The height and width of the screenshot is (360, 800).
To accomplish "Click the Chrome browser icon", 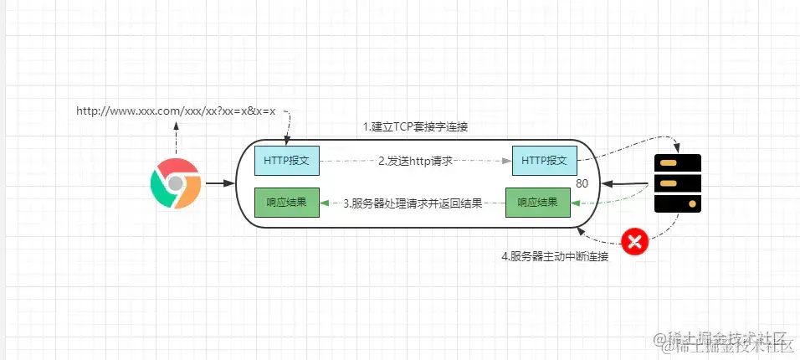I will tap(175, 182).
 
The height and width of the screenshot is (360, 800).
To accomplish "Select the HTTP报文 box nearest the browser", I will tap(286, 159).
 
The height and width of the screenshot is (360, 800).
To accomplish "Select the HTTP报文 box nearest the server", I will tap(544, 159).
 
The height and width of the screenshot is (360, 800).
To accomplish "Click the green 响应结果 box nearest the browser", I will tap(286, 202).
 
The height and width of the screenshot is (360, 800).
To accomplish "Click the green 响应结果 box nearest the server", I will tap(537, 202).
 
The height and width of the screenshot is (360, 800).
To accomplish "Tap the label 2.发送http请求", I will tap(415, 160).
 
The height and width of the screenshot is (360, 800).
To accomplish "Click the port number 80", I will tap(583, 183).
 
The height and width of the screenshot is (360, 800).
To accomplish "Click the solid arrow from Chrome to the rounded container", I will tap(219, 182).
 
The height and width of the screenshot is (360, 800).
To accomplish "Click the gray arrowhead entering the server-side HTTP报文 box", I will tap(507, 159).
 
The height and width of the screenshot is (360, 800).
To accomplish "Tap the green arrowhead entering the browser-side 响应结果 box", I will tap(326, 203).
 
